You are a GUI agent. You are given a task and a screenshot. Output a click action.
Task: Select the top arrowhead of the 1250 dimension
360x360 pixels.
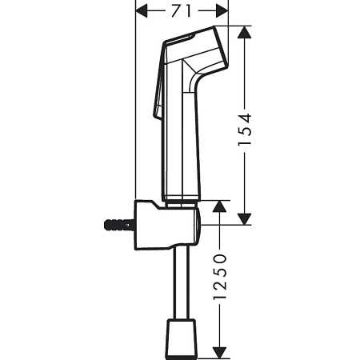pos(223,206)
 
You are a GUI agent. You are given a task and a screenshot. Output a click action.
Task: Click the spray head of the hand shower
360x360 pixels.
pos(196,48)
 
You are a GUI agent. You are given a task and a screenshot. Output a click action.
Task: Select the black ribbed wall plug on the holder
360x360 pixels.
pos(116,226)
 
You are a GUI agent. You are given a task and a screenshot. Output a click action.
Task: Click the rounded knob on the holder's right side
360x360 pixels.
pos(198,225)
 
